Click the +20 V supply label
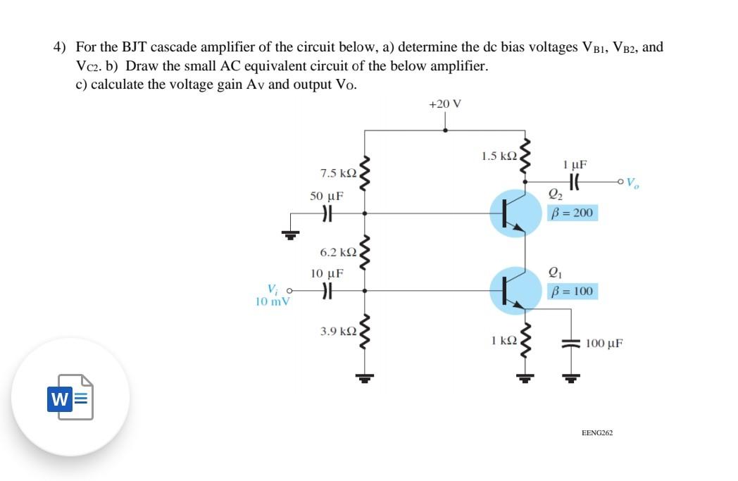[x=444, y=104]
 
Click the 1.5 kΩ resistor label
[x=499, y=156]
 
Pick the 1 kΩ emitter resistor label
[x=504, y=341]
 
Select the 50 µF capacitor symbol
[x=326, y=212]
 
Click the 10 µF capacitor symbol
[x=326, y=290]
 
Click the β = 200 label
[x=573, y=212]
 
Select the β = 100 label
[x=573, y=291]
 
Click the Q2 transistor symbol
[x=512, y=213]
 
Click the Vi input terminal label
[x=273, y=289]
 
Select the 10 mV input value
[x=273, y=301]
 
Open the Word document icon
[x=70, y=398]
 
